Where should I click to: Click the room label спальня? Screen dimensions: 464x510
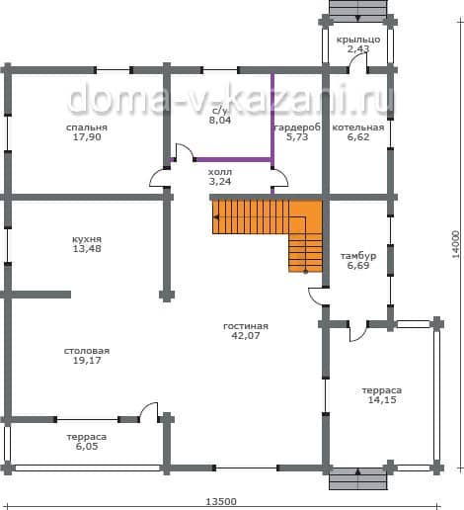pyautogui.click(x=87, y=127)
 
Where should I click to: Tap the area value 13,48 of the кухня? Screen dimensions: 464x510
pyautogui.click(x=87, y=249)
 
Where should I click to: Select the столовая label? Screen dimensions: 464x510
pyautogui.click(x=87, y=351)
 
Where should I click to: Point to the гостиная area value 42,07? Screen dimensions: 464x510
pyautogui.click(x=246, y=336)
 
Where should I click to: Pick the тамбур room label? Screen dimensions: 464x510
pyautogui.click(x=358, y=256)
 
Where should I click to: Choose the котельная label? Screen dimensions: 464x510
pyautogui.click(x=358, y=127)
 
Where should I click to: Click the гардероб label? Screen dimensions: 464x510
pyautogui.click(x=297, y=127)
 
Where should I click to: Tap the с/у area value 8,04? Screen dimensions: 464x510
pyautogui.click(x=220, y=121)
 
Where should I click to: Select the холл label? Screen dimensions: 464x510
pyautogui.click(x=220, y=172)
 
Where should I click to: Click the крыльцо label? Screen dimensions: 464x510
pyautogui.click(x=358, y=40)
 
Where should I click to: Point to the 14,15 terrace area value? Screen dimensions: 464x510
pyautogui.click(x=382, y=400)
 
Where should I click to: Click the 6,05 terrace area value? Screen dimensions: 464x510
pyautogui.click(x=87, y=447)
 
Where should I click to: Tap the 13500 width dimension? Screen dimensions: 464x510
pyautogui.click(x=221, y=501)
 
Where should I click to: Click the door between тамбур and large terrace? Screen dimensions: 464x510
pyautogui.click(x=358, y=331)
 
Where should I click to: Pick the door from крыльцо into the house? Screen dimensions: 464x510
pyautogui.click(x=357, y=62)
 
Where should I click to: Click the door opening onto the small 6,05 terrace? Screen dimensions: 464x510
pyautogui.click(x=149, y=412)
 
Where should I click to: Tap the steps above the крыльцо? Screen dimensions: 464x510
pyautogui.click(x=358, y=8)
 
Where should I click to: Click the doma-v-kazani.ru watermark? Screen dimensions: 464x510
pyautogui.click(x=231, y=98)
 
